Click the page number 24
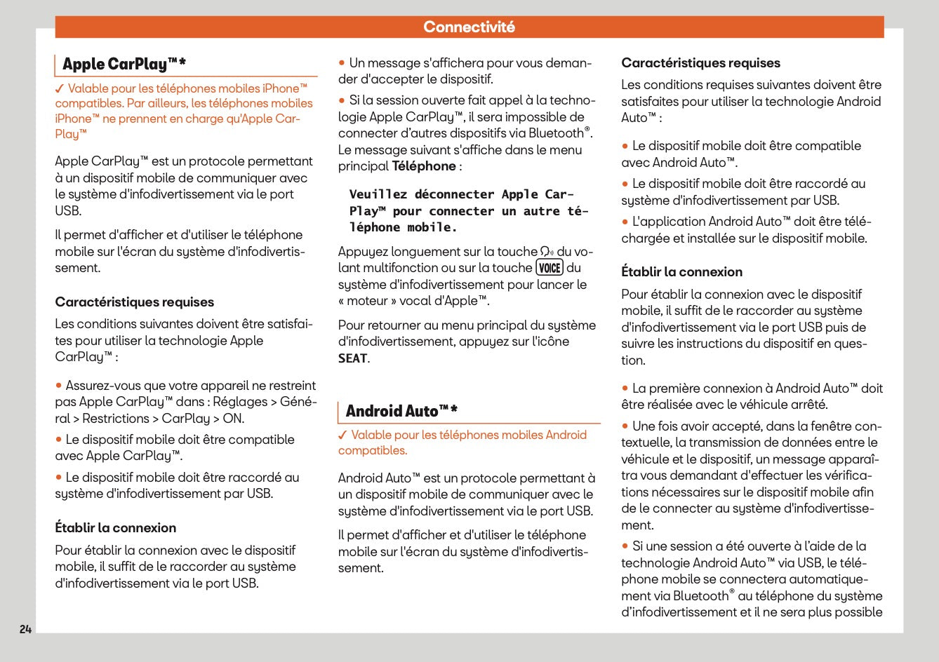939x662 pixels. tap(25, 629)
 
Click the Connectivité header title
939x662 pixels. tap(469, 27)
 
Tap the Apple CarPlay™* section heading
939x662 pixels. tap(124, 65)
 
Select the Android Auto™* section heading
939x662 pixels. tap(401, 411)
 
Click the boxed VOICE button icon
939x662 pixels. tap(550, 268)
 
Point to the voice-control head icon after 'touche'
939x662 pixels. tap(547, 252)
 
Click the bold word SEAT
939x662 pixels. tap(352, 358)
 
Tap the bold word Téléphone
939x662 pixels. tap(424, 166)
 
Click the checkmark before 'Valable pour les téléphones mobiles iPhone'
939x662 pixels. tap(60, 89)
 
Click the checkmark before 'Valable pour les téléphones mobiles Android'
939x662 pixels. tap(342, 435)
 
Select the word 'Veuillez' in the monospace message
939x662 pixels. tap(378, 194)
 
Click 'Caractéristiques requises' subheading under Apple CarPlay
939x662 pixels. tap(135, 302)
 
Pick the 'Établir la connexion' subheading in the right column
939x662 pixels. tap(681, 272)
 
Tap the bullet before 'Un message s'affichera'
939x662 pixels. tap(342, 63)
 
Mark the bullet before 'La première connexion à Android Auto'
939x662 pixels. tap(625, 389)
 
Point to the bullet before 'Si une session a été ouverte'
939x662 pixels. tap(625, 546)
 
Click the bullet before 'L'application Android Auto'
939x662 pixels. tap(625, 222)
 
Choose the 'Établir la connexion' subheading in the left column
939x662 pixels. tap(116, 528)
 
